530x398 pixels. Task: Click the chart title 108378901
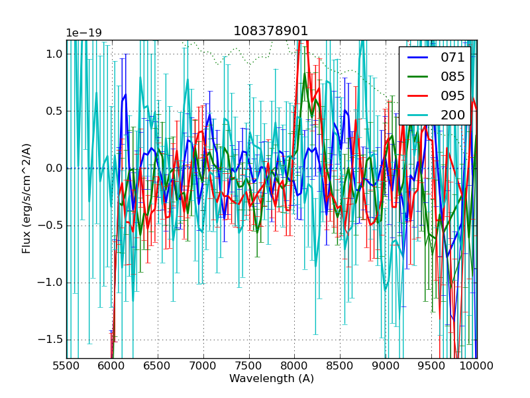click(271, 31)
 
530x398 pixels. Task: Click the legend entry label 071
click(453, 57)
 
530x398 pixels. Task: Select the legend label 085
click(453, 76)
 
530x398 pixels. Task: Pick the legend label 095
click(453, 96)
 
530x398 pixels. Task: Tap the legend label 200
click(453, 115)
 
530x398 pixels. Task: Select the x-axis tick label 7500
click(248, 366)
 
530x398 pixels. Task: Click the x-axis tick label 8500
click(340, 366)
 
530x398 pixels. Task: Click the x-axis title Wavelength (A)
click(272, 379)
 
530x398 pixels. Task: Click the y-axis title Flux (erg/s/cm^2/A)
click(26, 198)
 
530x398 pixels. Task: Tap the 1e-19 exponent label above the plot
click(83, 33)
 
